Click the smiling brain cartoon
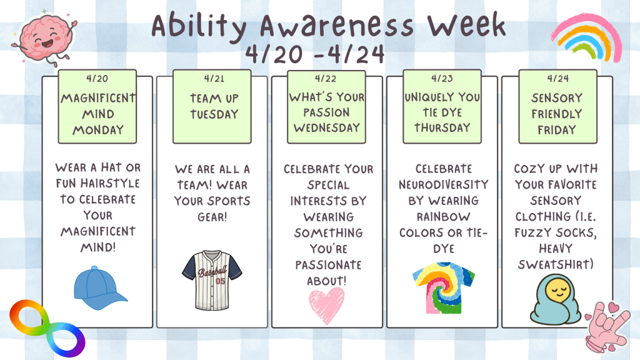[x=45, y=39]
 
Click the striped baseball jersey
[x=212, y=280]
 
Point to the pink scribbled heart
[x=326, y=304]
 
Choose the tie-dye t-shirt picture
[x=444, y=288]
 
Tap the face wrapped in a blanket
[x=556, y=299]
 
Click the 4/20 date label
[x=97, y=78]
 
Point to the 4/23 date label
[x=442, y=78]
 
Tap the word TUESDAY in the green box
[x=214, y=114]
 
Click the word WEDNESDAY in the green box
[x=326, y=127]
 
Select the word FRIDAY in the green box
[x=557, y=130]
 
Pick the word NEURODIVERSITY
[x=444, y=184]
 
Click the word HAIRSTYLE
[x=110, y=183]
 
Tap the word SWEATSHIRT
[x=556, y=264]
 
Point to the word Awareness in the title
[x=337, y=26]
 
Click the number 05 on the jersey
[x=221, y=281]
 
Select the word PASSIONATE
[x=329, y=265]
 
